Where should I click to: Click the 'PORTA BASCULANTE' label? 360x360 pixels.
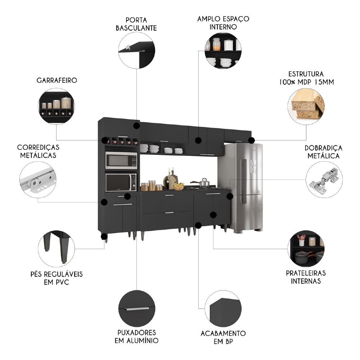click(136, 23)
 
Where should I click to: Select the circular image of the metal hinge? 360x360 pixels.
click(324, 180)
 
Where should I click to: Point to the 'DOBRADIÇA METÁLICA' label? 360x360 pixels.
click(323, 152)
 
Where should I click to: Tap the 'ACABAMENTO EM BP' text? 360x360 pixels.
click(223, 337)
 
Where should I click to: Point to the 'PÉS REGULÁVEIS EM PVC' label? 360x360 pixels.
click(57, 278)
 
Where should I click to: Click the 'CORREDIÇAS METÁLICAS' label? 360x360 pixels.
click(38, 152)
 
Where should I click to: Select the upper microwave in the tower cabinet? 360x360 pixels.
click(121, 160)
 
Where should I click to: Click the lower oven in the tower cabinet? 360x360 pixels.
click(121, 183)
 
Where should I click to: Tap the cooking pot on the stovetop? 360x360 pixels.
click(204, 183)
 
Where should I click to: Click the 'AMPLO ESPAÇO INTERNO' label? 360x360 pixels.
click(223, 22)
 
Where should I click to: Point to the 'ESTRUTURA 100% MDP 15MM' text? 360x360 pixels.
click(306, 77)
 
